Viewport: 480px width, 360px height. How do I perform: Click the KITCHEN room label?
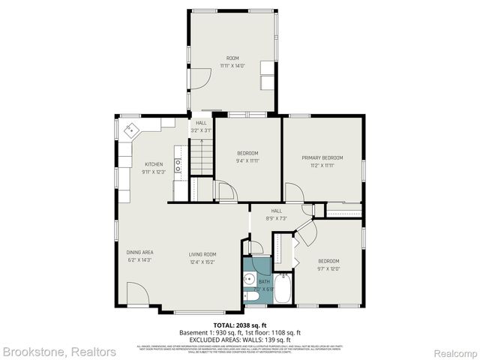(154, 164)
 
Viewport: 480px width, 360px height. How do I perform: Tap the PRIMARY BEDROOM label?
(322, 157)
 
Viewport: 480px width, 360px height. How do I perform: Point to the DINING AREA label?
(139, 253)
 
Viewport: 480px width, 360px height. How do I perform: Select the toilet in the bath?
(252, 298)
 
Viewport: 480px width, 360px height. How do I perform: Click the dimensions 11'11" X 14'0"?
(233, 66)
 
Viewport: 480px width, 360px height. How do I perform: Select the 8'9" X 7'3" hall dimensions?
(277, 218)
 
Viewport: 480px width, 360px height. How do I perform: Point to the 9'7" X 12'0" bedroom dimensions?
(328, 268)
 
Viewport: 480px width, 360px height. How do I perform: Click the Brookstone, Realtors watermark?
(58, 351)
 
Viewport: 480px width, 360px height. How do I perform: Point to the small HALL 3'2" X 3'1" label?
(201, 126)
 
